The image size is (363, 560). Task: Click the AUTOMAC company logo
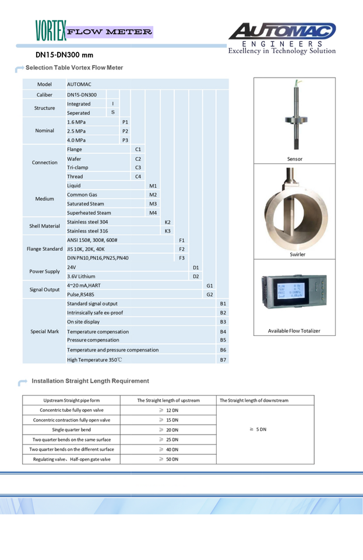(282, 31)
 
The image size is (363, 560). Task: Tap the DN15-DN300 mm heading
(64, 55)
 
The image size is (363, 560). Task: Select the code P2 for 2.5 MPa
(125, 131)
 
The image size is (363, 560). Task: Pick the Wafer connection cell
(75, 159)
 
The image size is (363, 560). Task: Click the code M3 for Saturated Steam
(153, 204)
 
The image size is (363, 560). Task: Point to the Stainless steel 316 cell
(87, 231)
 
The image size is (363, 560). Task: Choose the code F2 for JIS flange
(182, 249)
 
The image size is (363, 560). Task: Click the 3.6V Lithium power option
(81, 276)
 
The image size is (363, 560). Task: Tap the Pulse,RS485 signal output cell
(84, 295)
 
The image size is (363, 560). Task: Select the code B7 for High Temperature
(223, 359)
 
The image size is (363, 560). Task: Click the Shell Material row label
(45, 226)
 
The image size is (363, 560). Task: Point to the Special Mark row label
(45, 331)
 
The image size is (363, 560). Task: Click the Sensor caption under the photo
(295, 159)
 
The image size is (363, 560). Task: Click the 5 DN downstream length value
(258, 429)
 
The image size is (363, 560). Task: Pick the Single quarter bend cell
(72, 429)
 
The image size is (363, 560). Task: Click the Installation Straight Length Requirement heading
(90, 381)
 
